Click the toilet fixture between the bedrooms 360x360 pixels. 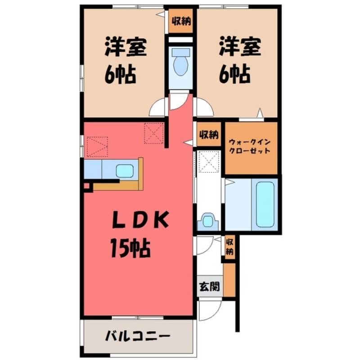coord(181,63)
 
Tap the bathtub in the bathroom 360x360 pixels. coord(265,205)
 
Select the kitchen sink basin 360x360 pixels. coord(125,171)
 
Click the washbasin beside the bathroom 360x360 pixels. coord(208,221)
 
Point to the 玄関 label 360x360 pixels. coord(210,287)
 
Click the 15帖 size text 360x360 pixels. coord(130,248)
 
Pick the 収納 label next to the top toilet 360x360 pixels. coord(181,21)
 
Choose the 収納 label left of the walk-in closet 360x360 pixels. coord(209,134)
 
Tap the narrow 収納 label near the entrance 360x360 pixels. coord(230,247)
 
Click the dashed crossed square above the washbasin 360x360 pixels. coord(209,162)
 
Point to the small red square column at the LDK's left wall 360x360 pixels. coord(87,185)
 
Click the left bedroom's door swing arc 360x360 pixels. coord(154,103)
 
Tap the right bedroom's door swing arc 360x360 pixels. coord(208,103)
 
